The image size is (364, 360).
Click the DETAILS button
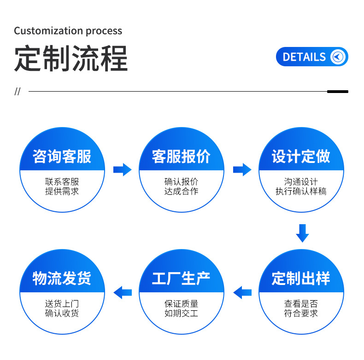(x=311, y=57)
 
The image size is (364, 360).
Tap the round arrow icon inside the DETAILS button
(x=339, y=57)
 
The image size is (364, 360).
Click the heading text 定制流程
(x=70, y=58)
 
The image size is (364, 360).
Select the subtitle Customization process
(x=68, y=31)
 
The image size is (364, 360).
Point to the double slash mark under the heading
(x=18, y=91)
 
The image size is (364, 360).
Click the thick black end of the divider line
(x=337, y=92)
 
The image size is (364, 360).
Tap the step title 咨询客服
(x=62, y=157)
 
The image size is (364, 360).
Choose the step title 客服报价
(x=181, y=157)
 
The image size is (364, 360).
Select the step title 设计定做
(x=301, y=157)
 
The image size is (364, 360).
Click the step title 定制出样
(x=301, y=278)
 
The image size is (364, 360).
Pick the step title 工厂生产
(x=181, y=278)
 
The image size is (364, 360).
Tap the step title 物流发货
(x=62, y=278)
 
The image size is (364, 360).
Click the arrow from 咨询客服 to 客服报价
(x=122, y=169)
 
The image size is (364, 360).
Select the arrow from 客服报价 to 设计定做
(x=242, y=169)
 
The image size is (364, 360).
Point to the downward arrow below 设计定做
(x=302, y=233)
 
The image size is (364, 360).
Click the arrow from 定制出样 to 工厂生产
(x=242, y=292)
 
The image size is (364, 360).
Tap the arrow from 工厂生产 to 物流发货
(x=123, y=292)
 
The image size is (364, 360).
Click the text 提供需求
(x=62, y=191)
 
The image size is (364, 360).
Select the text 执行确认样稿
(x=301, y=191)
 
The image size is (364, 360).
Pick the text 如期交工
(x=181, y=313)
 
